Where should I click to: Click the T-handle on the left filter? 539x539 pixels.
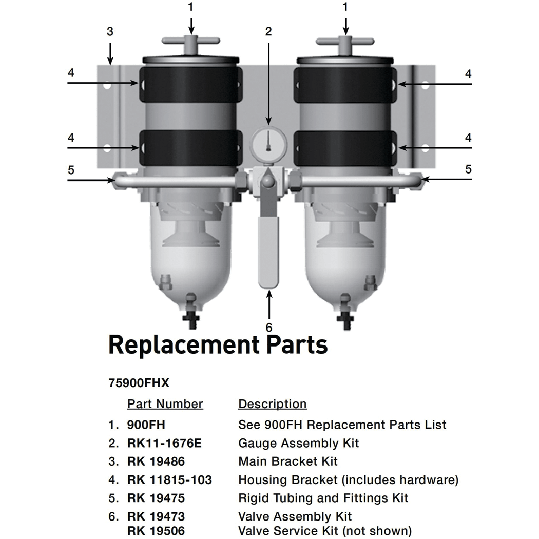coord(190,42)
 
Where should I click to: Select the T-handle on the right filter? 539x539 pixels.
coord(345,42)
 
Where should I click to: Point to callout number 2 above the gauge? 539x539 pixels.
coord(268,32)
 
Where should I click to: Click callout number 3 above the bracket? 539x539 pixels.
coord(110,32)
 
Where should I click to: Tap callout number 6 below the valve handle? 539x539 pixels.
coord(268,327)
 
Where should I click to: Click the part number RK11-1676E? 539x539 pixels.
coord(164,443)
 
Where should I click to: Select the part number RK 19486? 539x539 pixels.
coord(156,461)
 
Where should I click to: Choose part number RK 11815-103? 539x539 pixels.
coord(169,480)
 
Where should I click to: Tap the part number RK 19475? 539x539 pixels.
coord(156,498)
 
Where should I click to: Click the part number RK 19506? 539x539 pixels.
coord(156,530)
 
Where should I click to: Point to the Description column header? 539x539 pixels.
coord(272,404)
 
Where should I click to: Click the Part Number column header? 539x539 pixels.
coord(165,404)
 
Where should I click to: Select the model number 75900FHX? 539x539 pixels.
coord(139,383)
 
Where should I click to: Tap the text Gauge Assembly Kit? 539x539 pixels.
coord(299,443)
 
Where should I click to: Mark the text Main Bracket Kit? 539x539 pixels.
coord(288,461)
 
